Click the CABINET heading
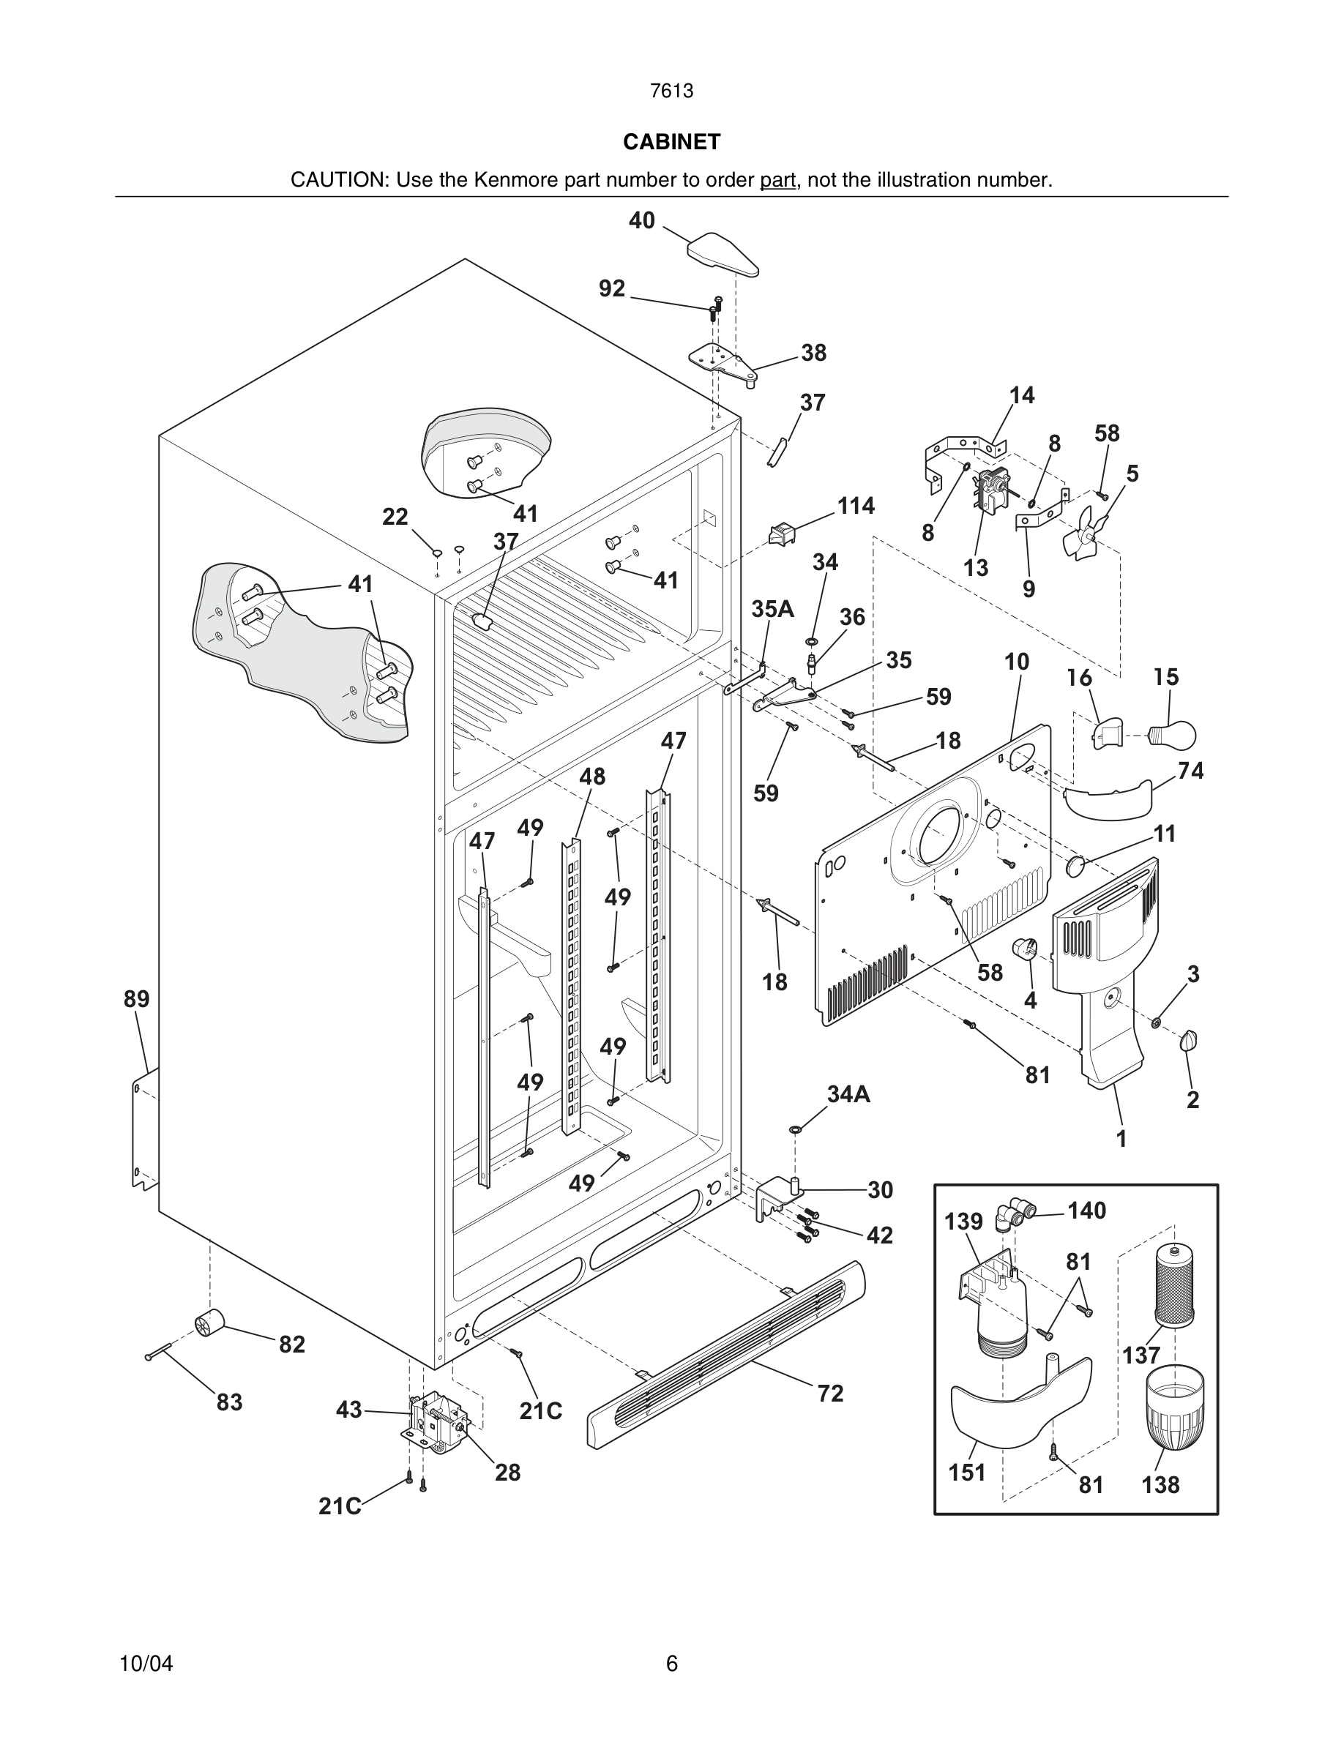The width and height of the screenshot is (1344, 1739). click(671, 142)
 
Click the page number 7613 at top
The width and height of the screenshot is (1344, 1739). click(671, 91)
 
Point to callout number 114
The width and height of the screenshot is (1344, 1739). click(856, 506)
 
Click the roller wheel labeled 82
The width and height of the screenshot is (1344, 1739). click(209, 1322)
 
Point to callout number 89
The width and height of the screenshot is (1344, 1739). click(136, 998)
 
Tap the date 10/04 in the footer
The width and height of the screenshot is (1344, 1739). click(146, 1664)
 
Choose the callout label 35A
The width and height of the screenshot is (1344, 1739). click(772, 609)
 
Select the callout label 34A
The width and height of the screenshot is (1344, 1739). click(848, 1094)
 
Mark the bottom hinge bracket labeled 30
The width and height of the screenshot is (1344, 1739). click(780, 1197)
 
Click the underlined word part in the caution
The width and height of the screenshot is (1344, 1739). click(777, 180)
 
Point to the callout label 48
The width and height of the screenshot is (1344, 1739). click(591, 777)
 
